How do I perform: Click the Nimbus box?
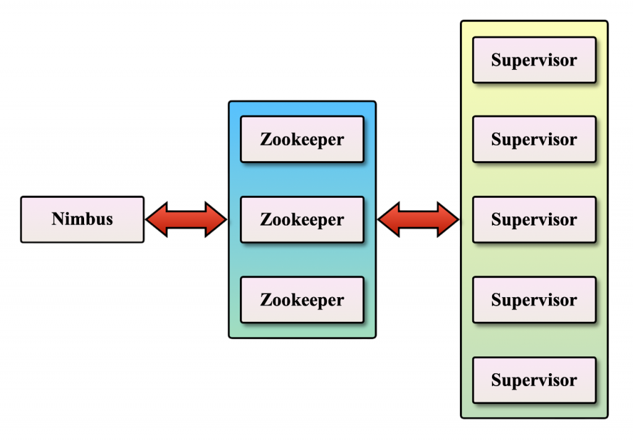(x=82, y=219)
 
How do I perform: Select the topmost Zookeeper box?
(x=302, y=139)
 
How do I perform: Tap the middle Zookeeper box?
(x=302, y=219)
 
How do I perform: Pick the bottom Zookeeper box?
(x=302, y=300)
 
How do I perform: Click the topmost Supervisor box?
(x=534, y=60)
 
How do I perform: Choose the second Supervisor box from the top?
(x=534, y=139)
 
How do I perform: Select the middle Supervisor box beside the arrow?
(x=534, y=219)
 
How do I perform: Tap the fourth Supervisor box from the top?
(x=534, y=300)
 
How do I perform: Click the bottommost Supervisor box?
(x=534, y=380)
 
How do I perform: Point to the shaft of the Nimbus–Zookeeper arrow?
(x=187, y=219)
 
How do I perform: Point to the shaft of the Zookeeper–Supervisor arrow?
(x=418, y=219)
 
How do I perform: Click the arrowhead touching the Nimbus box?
(x=155, y=219)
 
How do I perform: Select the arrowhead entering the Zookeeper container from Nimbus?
(x=218, y=219)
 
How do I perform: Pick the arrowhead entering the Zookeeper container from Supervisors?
(x=388, y=219)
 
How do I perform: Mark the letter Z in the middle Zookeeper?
(x=265, y=220)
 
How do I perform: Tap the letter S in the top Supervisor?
(x=496, y=61)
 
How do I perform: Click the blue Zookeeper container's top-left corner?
(x=231, y=103)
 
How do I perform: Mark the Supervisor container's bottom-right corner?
(x=606, y=416)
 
